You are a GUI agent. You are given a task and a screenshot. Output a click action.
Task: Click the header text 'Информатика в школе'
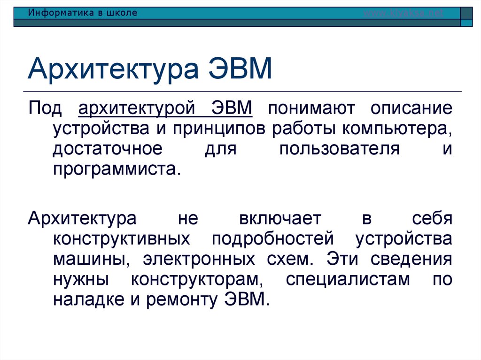coord(82,13)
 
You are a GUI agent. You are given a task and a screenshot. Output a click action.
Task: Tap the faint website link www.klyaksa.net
coord(403,13)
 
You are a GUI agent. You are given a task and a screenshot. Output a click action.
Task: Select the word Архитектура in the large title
coord(113,69)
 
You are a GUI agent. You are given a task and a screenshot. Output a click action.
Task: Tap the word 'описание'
coord(411,108)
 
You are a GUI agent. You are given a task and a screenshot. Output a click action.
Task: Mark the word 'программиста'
coord(116,169)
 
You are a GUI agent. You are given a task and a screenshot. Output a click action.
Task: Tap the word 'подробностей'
coord(272,238)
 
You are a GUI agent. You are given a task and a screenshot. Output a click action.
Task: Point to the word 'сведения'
coord(411,259)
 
